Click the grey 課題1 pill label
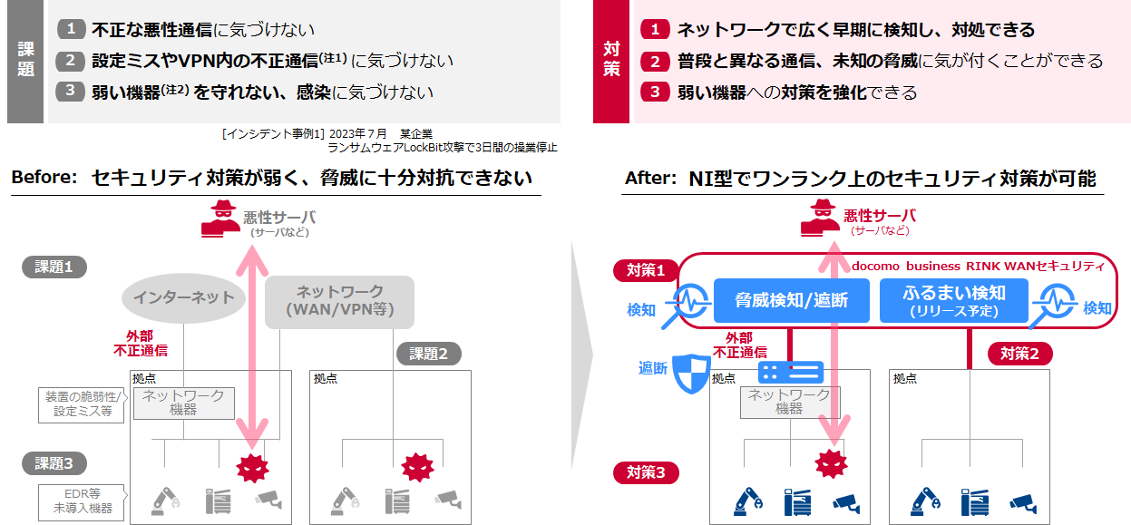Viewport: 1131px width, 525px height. tap(54, 267)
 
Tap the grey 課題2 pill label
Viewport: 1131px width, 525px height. tap(429, 354)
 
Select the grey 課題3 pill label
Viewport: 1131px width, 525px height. tap(54, 463)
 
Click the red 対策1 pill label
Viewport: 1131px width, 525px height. tap(646, 270)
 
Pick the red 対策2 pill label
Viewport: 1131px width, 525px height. tap(1020, 354)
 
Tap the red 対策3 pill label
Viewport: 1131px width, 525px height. tap(646, 473)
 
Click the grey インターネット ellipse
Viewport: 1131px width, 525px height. tap(183, 297)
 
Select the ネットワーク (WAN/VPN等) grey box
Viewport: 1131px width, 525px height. tap(340, 301)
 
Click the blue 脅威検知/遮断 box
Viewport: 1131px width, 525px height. tap(791, 300)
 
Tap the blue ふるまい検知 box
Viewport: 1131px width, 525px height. tap(954, 300)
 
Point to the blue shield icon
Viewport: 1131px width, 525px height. tap(692, 374)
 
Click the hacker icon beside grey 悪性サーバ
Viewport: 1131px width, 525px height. tap(220, 219)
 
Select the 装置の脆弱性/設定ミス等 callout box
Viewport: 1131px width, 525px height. tap(82, 404)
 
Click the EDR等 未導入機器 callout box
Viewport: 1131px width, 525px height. tap(82, 502)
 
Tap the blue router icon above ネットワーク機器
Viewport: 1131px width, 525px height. tap(791, 373)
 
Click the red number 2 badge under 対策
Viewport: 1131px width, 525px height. tap(655, 61)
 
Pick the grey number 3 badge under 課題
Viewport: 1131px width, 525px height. tap(70, 92)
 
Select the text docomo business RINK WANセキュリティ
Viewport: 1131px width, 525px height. tap(978, 266)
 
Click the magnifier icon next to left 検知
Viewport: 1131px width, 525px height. tap(687, 303)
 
